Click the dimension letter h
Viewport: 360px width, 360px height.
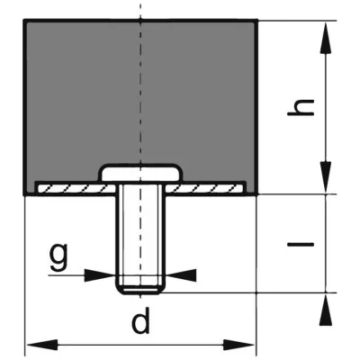click(x=301, y=107)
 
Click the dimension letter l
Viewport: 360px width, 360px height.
click(x=301, y=244)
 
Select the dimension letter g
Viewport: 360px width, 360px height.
click(x=58, y=256)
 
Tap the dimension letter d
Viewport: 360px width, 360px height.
click(x=140, y=321)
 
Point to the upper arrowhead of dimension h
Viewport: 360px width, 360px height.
click(x=326, y=39)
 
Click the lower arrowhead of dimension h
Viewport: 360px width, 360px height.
click(x=326, y=176)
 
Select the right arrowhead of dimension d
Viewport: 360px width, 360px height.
click(x=238, y=345)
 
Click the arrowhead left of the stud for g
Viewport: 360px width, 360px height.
click(x=100, y=274)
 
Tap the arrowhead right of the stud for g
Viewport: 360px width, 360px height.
click(x=180, y=274)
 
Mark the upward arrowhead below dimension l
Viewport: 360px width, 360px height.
click(x=326, y=310)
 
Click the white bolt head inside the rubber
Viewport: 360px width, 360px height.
click(x=140, y=174)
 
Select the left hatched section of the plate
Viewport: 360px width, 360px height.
click(x=76, y=189)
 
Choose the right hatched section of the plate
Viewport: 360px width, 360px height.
click(x=204, y=189)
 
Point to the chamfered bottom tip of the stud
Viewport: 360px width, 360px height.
click(x=140, y=291)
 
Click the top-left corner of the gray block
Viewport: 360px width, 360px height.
click(x=24, y=20)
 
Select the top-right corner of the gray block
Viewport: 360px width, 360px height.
click(x=257, y=20)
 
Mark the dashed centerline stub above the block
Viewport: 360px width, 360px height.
click(x=140, y=12)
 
